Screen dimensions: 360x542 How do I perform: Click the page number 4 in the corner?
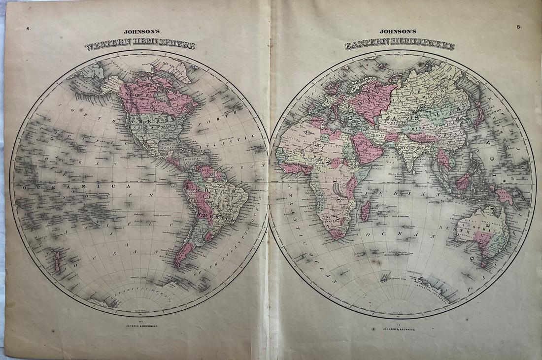pyautogui.click(x=29, y=29)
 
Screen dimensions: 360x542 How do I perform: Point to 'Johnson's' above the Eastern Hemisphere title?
pyautogui.click(x=399, y=35)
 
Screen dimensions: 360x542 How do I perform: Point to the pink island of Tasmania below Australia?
pyautogui.click(x=484, y=262)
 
